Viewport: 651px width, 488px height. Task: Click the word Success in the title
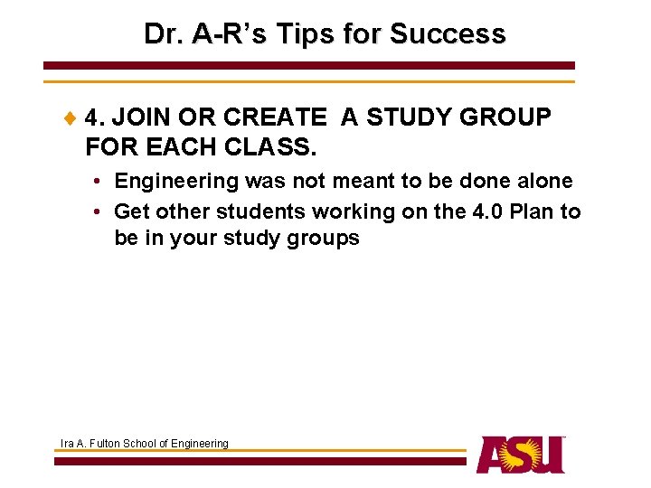click(x=448, y=34)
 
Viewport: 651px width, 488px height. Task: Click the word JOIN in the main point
click(x=143, y=118)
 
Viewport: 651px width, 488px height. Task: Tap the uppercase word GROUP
click(x=505, y=118)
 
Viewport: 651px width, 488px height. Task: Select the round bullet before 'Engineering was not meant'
click(x=96, y=182)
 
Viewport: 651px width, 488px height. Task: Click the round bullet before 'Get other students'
click(x=96, y=212)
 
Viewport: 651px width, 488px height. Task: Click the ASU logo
click(x=521, y=454)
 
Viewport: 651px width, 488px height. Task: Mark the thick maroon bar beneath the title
click(x=309, y=66)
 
